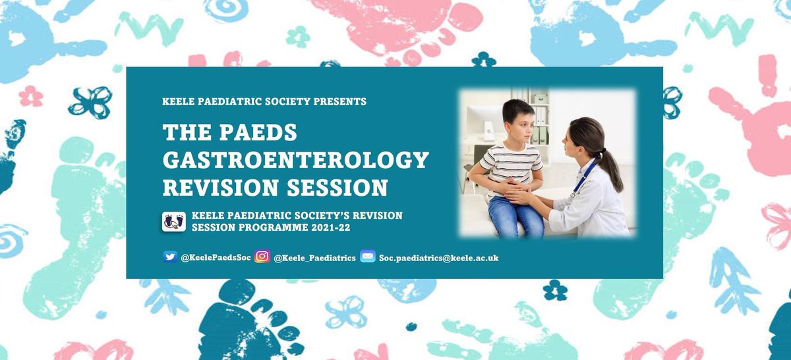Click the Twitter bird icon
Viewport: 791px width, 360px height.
[x=170, y=257]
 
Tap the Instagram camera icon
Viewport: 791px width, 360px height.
[x=262, y=257]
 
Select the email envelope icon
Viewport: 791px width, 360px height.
[x=367, y=257]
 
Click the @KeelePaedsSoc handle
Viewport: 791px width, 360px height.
[x=216, y=258]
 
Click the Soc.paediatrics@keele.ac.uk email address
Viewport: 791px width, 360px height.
[x=438, y=258]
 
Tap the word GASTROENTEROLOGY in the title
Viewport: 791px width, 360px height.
[x=295, y=160]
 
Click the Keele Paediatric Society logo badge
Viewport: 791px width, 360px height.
[x=174, y=221]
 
